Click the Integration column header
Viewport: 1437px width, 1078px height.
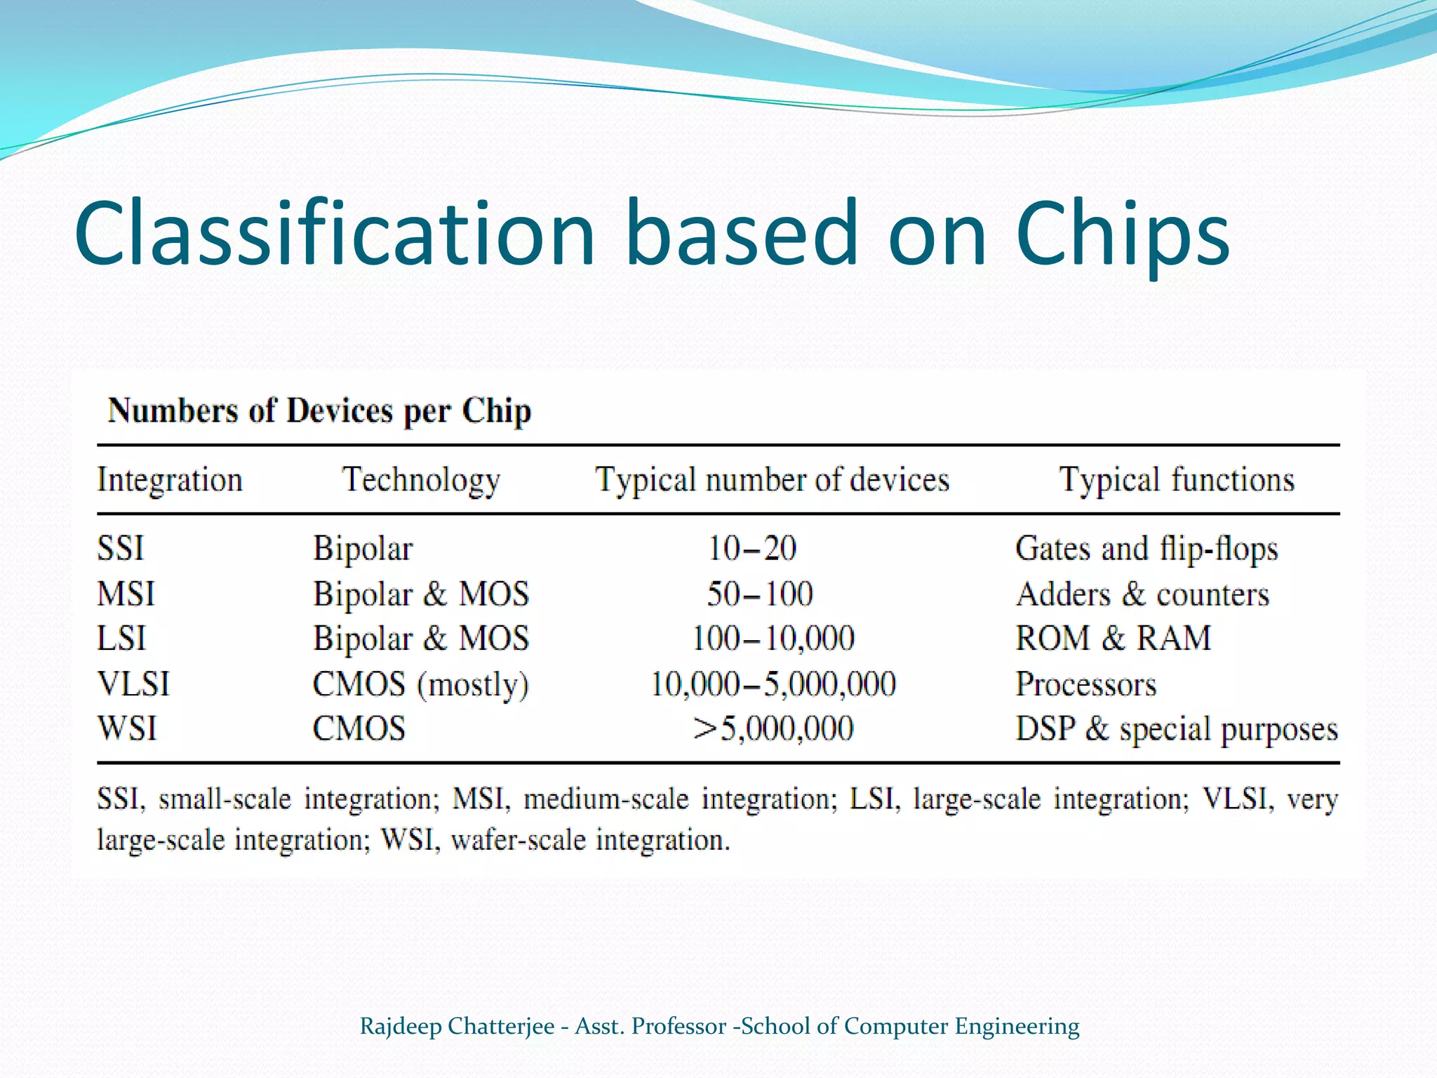[x=170, y=481]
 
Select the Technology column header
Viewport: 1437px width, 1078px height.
[x=421, y=481]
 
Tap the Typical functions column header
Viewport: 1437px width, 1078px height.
[x=1177, y=481]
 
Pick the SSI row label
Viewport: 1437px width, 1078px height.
[x=121, y=548]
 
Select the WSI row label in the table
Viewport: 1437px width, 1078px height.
[x=127, y=728]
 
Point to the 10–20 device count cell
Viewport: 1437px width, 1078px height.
[x=751, y=548]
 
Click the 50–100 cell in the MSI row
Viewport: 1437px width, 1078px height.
[x=760, y=594]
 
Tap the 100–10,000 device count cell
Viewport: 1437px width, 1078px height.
[x=773, y=639]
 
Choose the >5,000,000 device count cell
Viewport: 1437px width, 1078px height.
[x=773, y=728]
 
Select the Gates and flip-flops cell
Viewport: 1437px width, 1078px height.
[x=1147, y=548]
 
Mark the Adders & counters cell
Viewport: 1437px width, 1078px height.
[x=1142, y=594]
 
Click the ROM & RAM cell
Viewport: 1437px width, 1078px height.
[x=1114, y=639]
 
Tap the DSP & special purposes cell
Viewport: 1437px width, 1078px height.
[x=1177, y=728]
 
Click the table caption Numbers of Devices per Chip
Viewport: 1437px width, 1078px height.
[x=319, y=411]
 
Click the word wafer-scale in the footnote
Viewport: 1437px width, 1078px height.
[x=518, y=840]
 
